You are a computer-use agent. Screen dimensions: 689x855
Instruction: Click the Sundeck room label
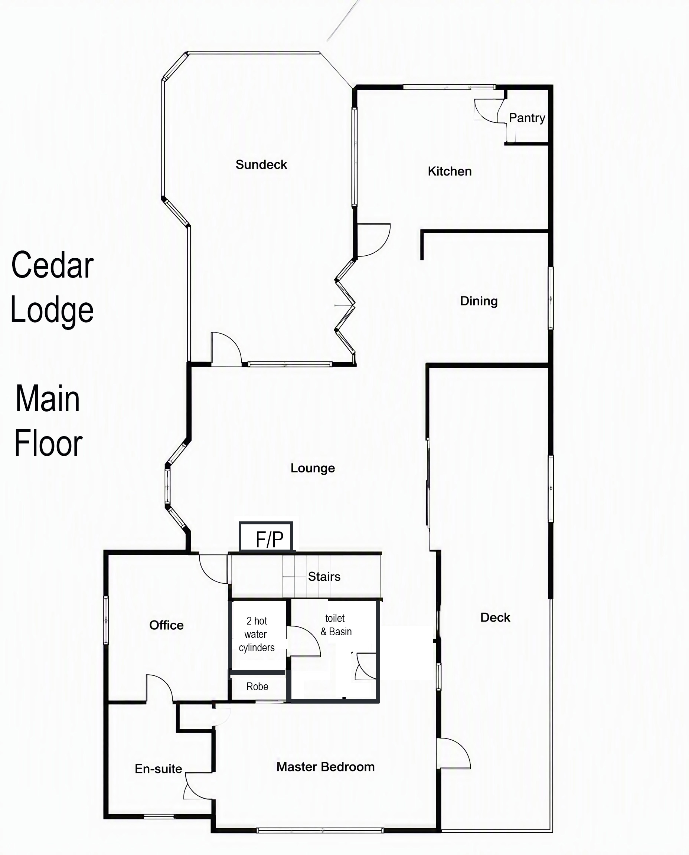point(261,165)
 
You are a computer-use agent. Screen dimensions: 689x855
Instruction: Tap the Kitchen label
point(450,171)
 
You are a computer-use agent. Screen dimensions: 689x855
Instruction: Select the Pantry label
point(527,118)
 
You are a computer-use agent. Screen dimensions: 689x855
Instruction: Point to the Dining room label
point(479,301)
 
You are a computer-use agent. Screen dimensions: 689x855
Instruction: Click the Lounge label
point(313,468)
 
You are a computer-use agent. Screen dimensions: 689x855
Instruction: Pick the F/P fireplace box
point(266,536)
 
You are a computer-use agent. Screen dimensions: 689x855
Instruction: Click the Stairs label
point(324,576)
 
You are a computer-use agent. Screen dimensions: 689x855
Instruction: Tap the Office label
point(166,625)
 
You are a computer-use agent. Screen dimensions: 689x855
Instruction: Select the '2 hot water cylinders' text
point(257,635)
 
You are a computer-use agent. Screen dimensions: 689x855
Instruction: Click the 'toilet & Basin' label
point(336,625)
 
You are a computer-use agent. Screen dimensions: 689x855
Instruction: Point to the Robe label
point(257,687)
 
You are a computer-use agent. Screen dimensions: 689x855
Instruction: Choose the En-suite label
point(159,769)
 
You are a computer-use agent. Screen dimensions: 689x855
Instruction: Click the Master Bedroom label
point(326,767)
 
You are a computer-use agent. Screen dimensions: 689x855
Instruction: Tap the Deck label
point(495,617)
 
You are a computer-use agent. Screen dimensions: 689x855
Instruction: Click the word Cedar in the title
point(52,265)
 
